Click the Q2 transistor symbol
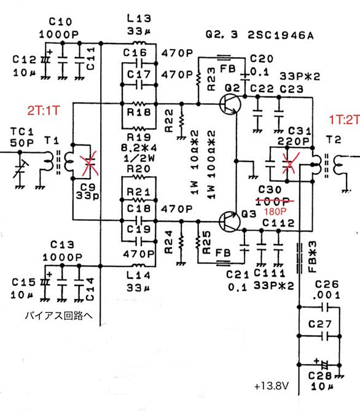pos(230,104)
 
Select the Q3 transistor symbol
pos(230,222)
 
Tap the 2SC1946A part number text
pos(281,35)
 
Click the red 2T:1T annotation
pos(44,111)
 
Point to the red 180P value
pos(275,211)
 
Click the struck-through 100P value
pos(273,201)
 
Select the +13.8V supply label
pos(272,386)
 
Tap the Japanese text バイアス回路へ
pos(58,315)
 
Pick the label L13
pos(139,18)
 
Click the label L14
pos(138,275)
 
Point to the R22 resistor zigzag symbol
pos(181,122)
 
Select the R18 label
pos(139,112)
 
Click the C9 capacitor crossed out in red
pos(90,163)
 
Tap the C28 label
pos(320,376)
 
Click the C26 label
pos(327,284)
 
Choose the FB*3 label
pos(313,257)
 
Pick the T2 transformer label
pos(334,139)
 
